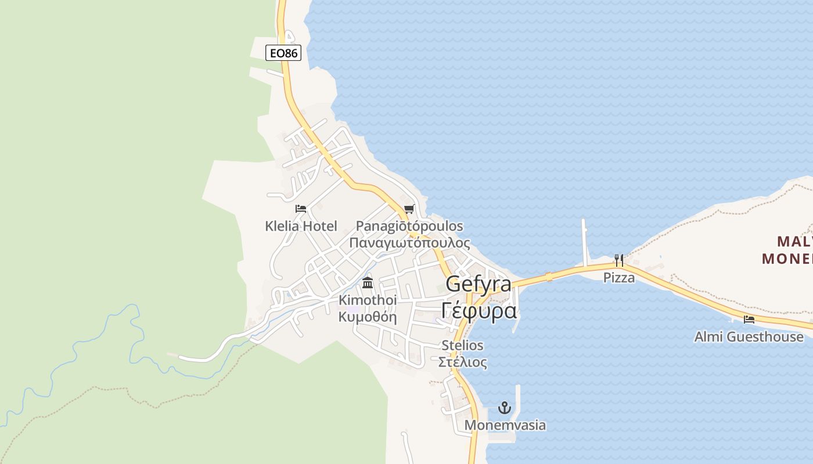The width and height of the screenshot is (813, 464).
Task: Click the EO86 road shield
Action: (x=283, y=53)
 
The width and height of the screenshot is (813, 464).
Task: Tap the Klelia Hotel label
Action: (x=301, y=226)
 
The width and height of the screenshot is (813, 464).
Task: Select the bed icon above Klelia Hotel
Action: (x=300, y=209)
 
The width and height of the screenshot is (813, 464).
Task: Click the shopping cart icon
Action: (x=409, y=209)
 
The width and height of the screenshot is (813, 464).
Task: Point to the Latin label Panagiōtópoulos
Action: (x=409, y=226)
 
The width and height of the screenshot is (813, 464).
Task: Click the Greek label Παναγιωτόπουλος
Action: (x=409, y=242)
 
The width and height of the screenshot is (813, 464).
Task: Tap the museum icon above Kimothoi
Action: (x=368, y=283)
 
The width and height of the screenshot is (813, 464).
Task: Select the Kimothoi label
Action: (x=368, y=300)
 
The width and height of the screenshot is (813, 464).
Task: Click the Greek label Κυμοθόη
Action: (x=368, y=317)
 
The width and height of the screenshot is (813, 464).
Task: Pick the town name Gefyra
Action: (x=479, y=284)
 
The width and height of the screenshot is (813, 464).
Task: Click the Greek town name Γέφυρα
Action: (x=479, y=310)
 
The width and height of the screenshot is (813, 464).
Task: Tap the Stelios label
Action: (x=462, y=345)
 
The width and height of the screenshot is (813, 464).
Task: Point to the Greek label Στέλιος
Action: (x=462, y=362)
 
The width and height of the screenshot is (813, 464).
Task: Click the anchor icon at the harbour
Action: (x=505, y=408)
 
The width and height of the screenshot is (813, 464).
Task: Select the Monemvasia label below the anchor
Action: (x=505, y=425)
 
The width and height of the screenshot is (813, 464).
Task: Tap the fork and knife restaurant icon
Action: (x=619, y=260)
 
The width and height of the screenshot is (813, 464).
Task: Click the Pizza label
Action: (x=619, y=277)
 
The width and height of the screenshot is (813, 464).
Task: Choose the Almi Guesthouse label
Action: (x=749, y=336)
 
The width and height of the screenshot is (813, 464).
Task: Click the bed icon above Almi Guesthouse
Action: (x=749, y=319)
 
